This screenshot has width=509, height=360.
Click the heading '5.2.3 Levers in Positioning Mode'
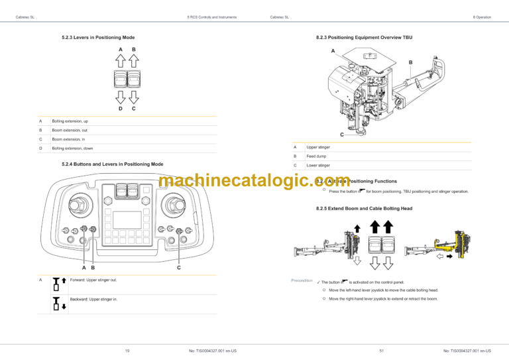tap(98, 37)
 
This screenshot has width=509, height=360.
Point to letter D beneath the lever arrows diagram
tap(120, 108)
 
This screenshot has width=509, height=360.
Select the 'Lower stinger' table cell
tap(317, 164)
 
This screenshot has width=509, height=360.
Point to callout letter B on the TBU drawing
tap(410, 63)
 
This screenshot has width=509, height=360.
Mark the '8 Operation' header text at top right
tap(482, 17)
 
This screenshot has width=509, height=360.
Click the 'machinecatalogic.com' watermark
tap(246, 180)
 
